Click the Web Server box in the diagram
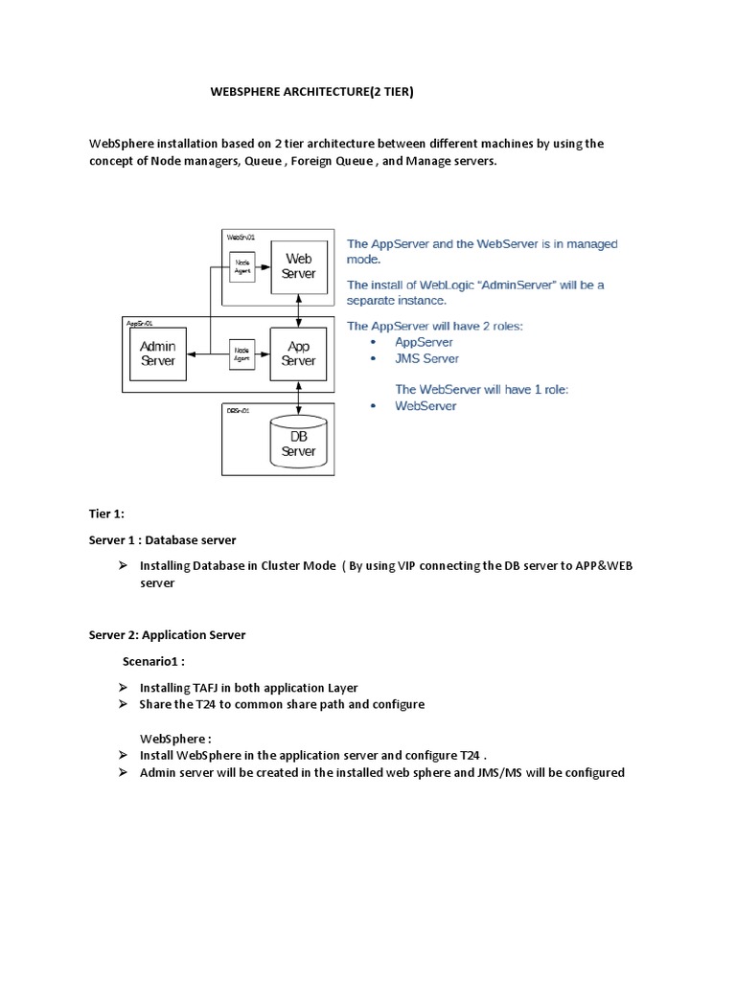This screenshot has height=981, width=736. click(x=298, y=266)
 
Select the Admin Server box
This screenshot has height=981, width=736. click(x=158, y=354)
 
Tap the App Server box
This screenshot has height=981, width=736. click(x=298, y=354)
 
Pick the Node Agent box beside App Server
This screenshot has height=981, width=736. click(x=242, y=354)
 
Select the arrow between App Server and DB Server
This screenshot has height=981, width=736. click(x=301, y=396)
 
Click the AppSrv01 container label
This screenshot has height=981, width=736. click(x=140, y=324)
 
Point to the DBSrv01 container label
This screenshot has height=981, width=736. click(x=239, y=410)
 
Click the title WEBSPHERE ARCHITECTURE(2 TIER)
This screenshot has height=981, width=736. click(x=312, y=92)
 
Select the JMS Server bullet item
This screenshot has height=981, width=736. click(x=426, y=358)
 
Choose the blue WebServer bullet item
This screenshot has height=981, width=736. click(x=425, y=406)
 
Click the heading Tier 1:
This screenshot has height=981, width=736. click(x=106, y=514)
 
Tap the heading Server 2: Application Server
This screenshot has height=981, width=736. click(x=168, y=634)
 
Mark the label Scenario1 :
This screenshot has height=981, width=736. click(x=153, y=661)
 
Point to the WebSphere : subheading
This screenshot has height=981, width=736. click(x=175, y=739)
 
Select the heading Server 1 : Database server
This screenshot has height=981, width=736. click(x=163, y=540)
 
